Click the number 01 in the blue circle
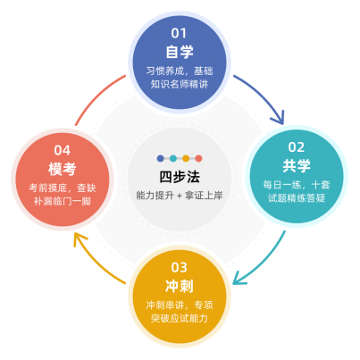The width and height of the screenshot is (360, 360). click(x=179, y=33)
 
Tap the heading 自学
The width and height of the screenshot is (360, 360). click(x=180, y=52)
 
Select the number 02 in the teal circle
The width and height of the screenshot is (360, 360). click(x=297, y=147)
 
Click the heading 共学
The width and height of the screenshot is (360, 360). click(x=297, y=165)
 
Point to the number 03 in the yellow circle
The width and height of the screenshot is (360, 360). click(x=179, y=267)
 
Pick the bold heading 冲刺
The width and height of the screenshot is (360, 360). click(x=180, y=286)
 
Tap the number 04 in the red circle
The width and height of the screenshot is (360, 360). click(x=62, y=150)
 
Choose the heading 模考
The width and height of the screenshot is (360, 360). click(x=63, y=169)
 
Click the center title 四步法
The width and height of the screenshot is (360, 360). click(x=180, y=177)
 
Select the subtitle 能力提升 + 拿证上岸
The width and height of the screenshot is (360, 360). click(x=180, y=196)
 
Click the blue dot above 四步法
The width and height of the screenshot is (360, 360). click(x=161, y=158)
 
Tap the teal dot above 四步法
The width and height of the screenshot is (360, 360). click(x=173, y=158)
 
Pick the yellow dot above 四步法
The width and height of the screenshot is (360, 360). click(x=186, y=158)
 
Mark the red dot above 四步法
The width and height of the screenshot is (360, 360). click(x=198, y=158)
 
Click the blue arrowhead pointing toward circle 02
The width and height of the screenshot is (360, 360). click(x=279, y=119)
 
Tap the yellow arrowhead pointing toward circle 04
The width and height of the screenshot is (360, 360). click(x=79, y=239)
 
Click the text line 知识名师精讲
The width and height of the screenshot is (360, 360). click(x=180, y=84)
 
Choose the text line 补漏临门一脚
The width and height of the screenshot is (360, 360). click(x=63, y=201)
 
